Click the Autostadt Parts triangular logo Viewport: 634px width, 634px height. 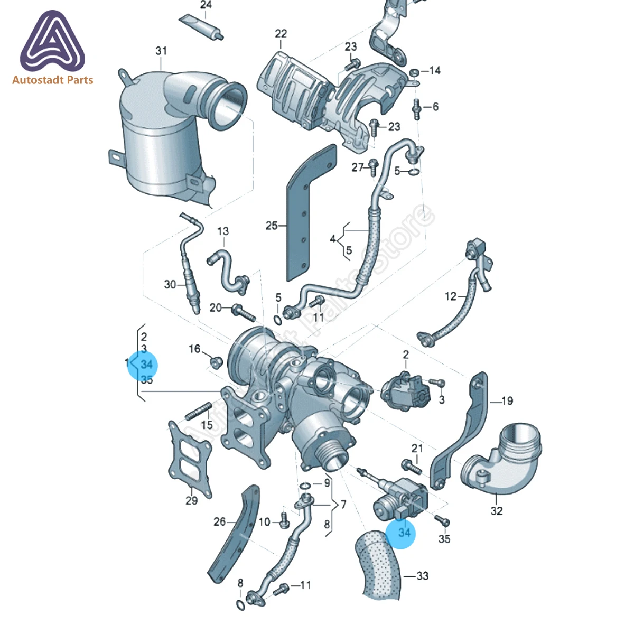pyautogui.click(x=52, y=42)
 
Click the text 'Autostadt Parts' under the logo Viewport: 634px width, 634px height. pyautogui.click(x=52, y=80)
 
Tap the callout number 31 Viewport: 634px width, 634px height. pyautogui.click(x=161, y=51)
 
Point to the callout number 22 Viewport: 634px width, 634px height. pyautogui.click(x=281, y=34)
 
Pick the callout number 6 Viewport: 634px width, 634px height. pyautogui.click(x=435, y=107)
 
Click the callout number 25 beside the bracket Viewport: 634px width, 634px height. pyautogui.click(x=272, y=226)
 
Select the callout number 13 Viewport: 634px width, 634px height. pyautogui.click(x=223, y=231)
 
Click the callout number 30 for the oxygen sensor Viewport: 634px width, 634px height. pyautogui.click(x=170, y=284)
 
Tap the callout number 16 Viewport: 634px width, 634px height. pyautogui.click(x=194, y=349)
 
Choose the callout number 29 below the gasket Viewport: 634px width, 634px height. pyautogui.click(x=191, y=500)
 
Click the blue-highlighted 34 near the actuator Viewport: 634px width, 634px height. pyautogui.click(x=404, y=532)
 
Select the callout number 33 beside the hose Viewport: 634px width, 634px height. pyautogui.click(x=422, y=576)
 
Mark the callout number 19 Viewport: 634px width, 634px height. pyautogui.click(x=507, y=401)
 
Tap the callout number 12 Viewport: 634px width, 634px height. pyautogui.click(x=450, y=296)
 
